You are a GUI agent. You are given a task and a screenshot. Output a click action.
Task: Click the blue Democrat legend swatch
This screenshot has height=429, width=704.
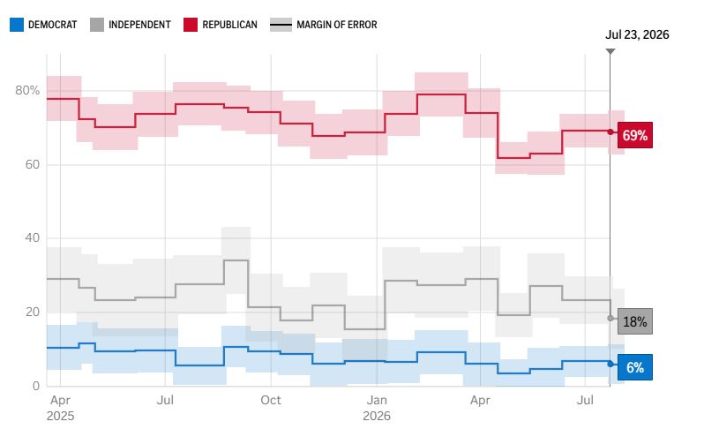coord(17,25)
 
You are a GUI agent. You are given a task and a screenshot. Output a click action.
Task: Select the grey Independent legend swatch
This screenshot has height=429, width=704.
coord(97,25)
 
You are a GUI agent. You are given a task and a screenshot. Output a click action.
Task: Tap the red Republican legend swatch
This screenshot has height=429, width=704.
coord(191,25)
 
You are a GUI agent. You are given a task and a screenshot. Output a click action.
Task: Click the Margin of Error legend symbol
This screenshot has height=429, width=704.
coord(281,25)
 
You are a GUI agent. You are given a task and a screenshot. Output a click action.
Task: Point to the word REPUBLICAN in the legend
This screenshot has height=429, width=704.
coord(230,25)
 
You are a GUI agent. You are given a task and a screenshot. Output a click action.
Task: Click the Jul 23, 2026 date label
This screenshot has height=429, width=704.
coord(637,34)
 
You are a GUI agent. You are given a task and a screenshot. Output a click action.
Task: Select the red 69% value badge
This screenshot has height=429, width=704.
coord(635,135)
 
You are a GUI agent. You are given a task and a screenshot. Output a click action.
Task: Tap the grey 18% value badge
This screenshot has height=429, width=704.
coord(635,321)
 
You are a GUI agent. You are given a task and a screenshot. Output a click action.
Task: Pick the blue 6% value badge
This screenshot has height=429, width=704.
coord(635,367)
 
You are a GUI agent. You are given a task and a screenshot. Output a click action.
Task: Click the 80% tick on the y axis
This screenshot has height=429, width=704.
coord(27,90)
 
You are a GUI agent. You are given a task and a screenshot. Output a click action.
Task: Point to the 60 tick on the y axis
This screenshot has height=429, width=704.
coord(33,164)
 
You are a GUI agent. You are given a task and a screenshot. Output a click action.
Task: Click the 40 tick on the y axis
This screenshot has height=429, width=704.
coord(33,237)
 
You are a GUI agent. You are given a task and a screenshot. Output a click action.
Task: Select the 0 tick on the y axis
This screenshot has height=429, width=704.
coord(36,386)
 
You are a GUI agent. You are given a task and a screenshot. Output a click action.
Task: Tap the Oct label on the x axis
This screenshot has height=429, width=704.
coord(271,400)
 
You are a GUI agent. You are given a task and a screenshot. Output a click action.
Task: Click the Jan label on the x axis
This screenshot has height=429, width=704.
coord(377,400)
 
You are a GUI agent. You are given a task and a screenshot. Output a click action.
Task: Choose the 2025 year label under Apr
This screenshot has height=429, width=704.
coord(60,416)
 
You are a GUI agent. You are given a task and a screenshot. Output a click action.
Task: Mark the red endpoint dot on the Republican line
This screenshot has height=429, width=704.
coord(610,132)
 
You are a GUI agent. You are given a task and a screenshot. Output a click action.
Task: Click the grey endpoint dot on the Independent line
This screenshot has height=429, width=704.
coord(610,318)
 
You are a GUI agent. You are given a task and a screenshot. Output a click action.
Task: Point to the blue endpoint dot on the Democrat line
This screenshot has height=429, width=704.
coord(610,364)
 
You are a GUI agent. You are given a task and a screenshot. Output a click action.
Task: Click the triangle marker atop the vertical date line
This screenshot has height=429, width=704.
coord(610,51)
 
